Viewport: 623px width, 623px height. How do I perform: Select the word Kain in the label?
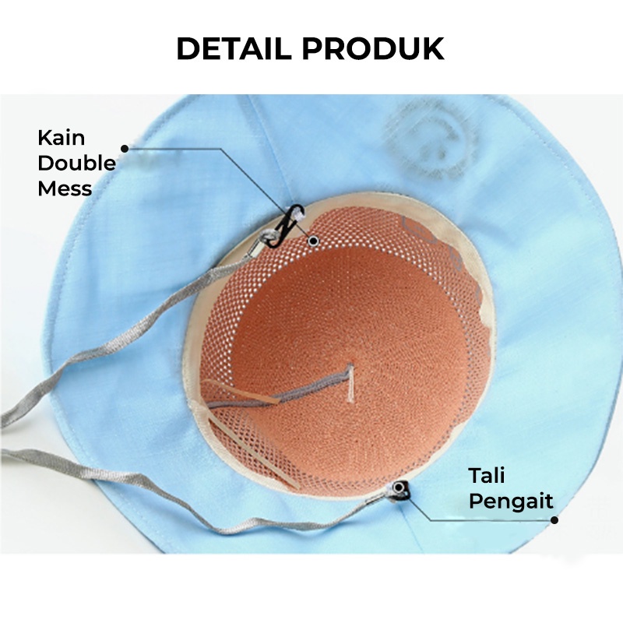pos(62,139)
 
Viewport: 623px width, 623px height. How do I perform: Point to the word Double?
pos(76,163)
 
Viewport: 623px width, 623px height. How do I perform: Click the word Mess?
pos(65,188)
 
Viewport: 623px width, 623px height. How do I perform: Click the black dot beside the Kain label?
pos(124,148)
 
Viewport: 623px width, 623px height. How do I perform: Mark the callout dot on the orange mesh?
pos(313,241)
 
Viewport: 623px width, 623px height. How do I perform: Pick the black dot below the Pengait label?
pos(554,520)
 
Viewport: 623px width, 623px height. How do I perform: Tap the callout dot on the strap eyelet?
pos(399,487)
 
